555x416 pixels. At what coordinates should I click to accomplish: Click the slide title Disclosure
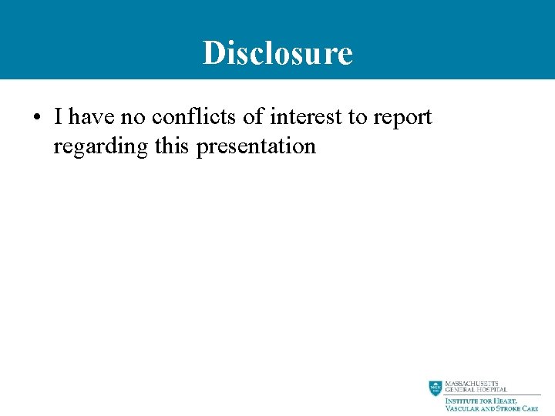277,53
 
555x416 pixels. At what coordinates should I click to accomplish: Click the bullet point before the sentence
36,119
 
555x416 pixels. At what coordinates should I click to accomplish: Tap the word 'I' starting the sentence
59,117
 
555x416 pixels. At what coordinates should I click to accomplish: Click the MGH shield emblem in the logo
436,388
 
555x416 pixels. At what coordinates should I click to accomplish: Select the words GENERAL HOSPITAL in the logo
476,391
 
